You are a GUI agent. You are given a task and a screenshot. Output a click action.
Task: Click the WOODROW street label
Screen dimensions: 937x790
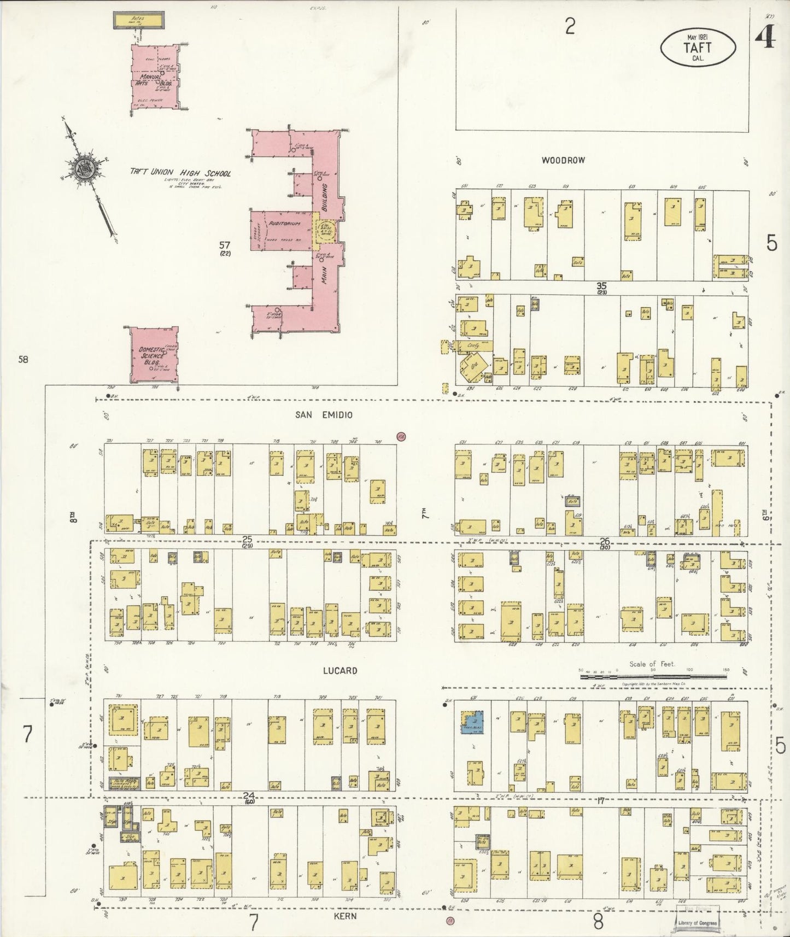[563, 160]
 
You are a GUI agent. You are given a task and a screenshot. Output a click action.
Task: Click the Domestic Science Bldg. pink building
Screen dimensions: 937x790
[153, 355]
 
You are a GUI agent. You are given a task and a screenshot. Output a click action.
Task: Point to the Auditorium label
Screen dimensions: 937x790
[284, 224]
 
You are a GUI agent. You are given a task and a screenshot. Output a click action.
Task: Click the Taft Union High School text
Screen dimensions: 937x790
[180, 173]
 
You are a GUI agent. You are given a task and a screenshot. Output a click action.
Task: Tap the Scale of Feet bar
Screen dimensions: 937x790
[653, 677]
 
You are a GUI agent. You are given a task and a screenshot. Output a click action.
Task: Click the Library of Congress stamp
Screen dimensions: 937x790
[697, 922]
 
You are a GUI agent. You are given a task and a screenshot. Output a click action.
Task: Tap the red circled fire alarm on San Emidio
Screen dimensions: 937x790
[401, 436]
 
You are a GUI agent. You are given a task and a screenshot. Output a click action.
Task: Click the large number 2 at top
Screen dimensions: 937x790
[570, 26]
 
